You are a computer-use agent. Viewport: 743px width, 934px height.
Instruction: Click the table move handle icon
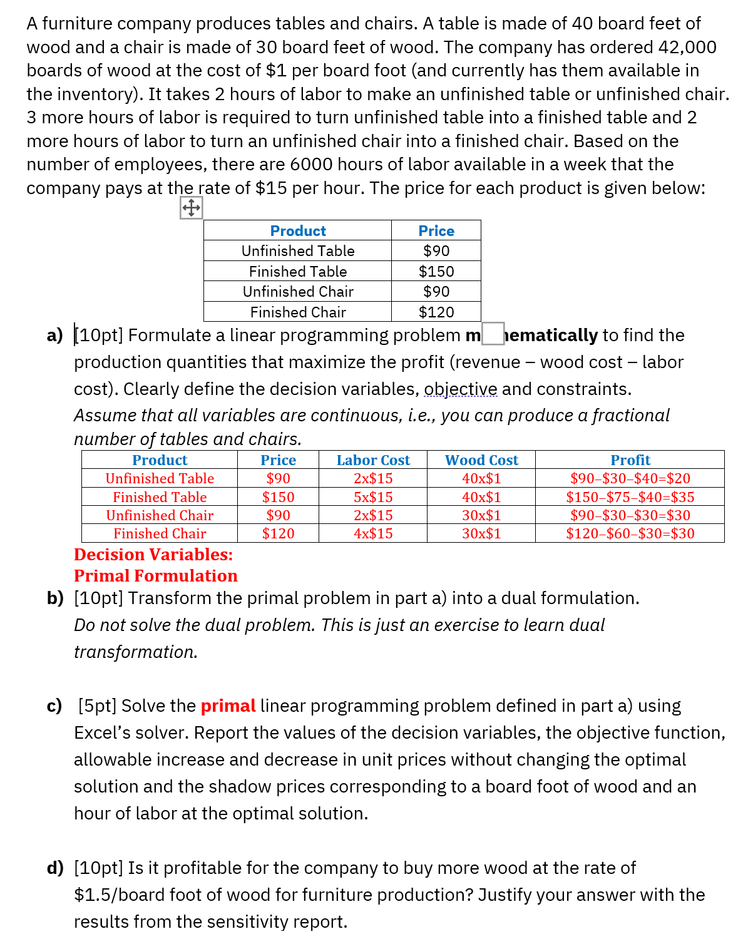click(x=191, y=207)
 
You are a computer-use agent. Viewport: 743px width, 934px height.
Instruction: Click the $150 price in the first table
click(x=436, y=271)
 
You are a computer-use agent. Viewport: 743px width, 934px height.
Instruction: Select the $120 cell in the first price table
click(x=436, y=312)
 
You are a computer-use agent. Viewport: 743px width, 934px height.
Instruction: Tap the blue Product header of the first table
click(x=298, y=231)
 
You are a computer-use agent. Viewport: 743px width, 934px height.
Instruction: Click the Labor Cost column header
click(x=373, y=460)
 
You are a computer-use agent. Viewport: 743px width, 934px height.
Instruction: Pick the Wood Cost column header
click(x=481, y=460)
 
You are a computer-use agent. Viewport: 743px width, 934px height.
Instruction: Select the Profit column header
click(x=630, y=460)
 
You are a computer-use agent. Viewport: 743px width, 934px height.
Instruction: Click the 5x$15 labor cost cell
click(x=373, y=497)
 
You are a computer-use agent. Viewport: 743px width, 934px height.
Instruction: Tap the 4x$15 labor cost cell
click(x=373, y=533)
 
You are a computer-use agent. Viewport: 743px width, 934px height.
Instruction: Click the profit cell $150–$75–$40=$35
click(x=630, y=497)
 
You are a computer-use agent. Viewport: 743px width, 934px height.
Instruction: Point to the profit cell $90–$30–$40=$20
click(x=630, y=478)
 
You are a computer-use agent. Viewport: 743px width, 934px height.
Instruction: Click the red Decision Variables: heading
click(x=153, y=555)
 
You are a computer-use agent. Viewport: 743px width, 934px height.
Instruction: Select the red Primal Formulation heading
click(x=156, y=576)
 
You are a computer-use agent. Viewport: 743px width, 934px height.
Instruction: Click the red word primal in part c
click(x=228, y=706)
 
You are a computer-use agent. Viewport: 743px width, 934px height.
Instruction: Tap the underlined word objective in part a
click(x=461, y=389)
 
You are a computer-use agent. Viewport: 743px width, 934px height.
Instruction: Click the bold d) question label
click(x=55, y=868)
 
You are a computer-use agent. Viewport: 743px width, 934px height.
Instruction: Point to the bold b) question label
click(x=55, y=598)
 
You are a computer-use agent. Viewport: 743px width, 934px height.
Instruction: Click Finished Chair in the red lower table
click(x=160, y=533)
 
